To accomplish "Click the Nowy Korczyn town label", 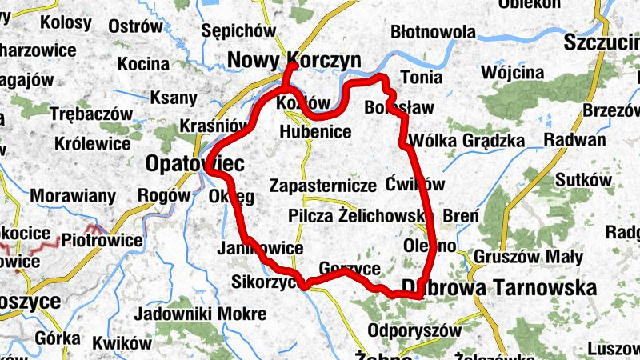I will (294, 60).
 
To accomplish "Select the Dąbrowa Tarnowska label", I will (500, 288).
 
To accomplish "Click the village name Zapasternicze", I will (323, 186).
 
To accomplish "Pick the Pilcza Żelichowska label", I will (360, 216).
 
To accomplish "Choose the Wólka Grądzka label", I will (466, 142).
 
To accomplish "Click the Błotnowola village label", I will (433, 33).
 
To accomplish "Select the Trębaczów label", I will (83, 114).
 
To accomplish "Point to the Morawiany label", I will (74, 195).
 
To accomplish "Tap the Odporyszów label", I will (416, 330).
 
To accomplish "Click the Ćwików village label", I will (414, 182).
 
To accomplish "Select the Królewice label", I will (93, 144).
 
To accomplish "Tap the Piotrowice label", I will (102, 239).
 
